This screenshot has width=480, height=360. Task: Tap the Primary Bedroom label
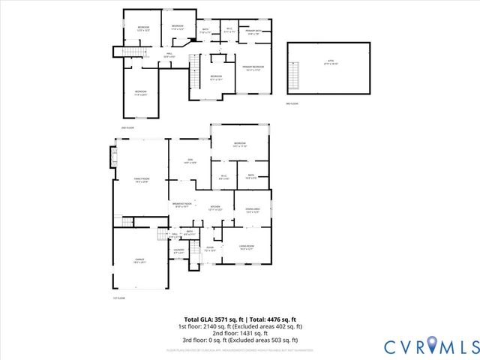[x=252, y=68]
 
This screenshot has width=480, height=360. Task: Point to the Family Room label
[x=141, y=179]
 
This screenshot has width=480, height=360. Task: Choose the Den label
[x=190, y=161]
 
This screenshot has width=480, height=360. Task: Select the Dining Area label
[x=252, y=210]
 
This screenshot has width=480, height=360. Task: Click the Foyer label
[x=210, y=249]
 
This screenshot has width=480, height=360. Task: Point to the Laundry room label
[x=178, y=250]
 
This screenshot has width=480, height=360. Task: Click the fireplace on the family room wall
[x=115, y=158]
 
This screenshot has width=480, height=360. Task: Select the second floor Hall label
[x=169, y=54]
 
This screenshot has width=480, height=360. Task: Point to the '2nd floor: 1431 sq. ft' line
[x=240, y=333]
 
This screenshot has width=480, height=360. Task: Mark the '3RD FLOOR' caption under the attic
[x=292, y=103]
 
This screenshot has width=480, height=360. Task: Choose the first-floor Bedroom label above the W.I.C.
[x=240, y=145]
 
